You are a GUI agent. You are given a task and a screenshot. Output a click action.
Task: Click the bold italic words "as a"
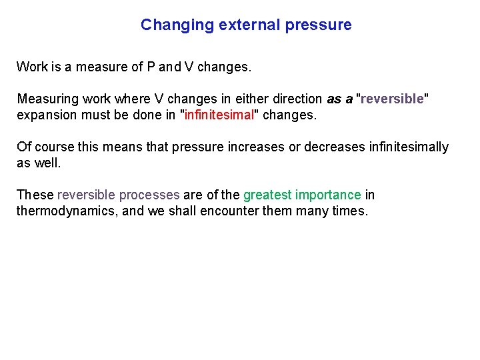click(340, 99)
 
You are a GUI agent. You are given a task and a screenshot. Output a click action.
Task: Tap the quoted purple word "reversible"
click(393, 99)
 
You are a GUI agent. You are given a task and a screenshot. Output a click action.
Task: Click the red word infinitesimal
click(220, 115)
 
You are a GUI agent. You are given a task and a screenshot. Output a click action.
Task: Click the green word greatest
click(267, 195)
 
